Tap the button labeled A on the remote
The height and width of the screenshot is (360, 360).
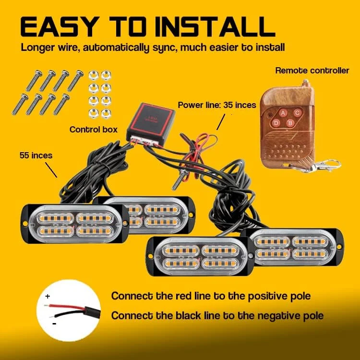tap(283, 113)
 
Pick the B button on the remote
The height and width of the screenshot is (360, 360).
tap(289, 123)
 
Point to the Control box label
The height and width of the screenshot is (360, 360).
tap(94, 129)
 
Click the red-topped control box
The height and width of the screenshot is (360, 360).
tap(149, 120)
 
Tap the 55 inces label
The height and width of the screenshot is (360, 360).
tap(36, 156)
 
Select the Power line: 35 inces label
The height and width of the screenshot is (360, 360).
tap(216, 105)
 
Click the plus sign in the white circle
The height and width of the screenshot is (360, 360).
tap(48, 297)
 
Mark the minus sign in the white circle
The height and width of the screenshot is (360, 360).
tap(54, 323)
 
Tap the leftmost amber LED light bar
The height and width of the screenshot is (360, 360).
tap(72, 224)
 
